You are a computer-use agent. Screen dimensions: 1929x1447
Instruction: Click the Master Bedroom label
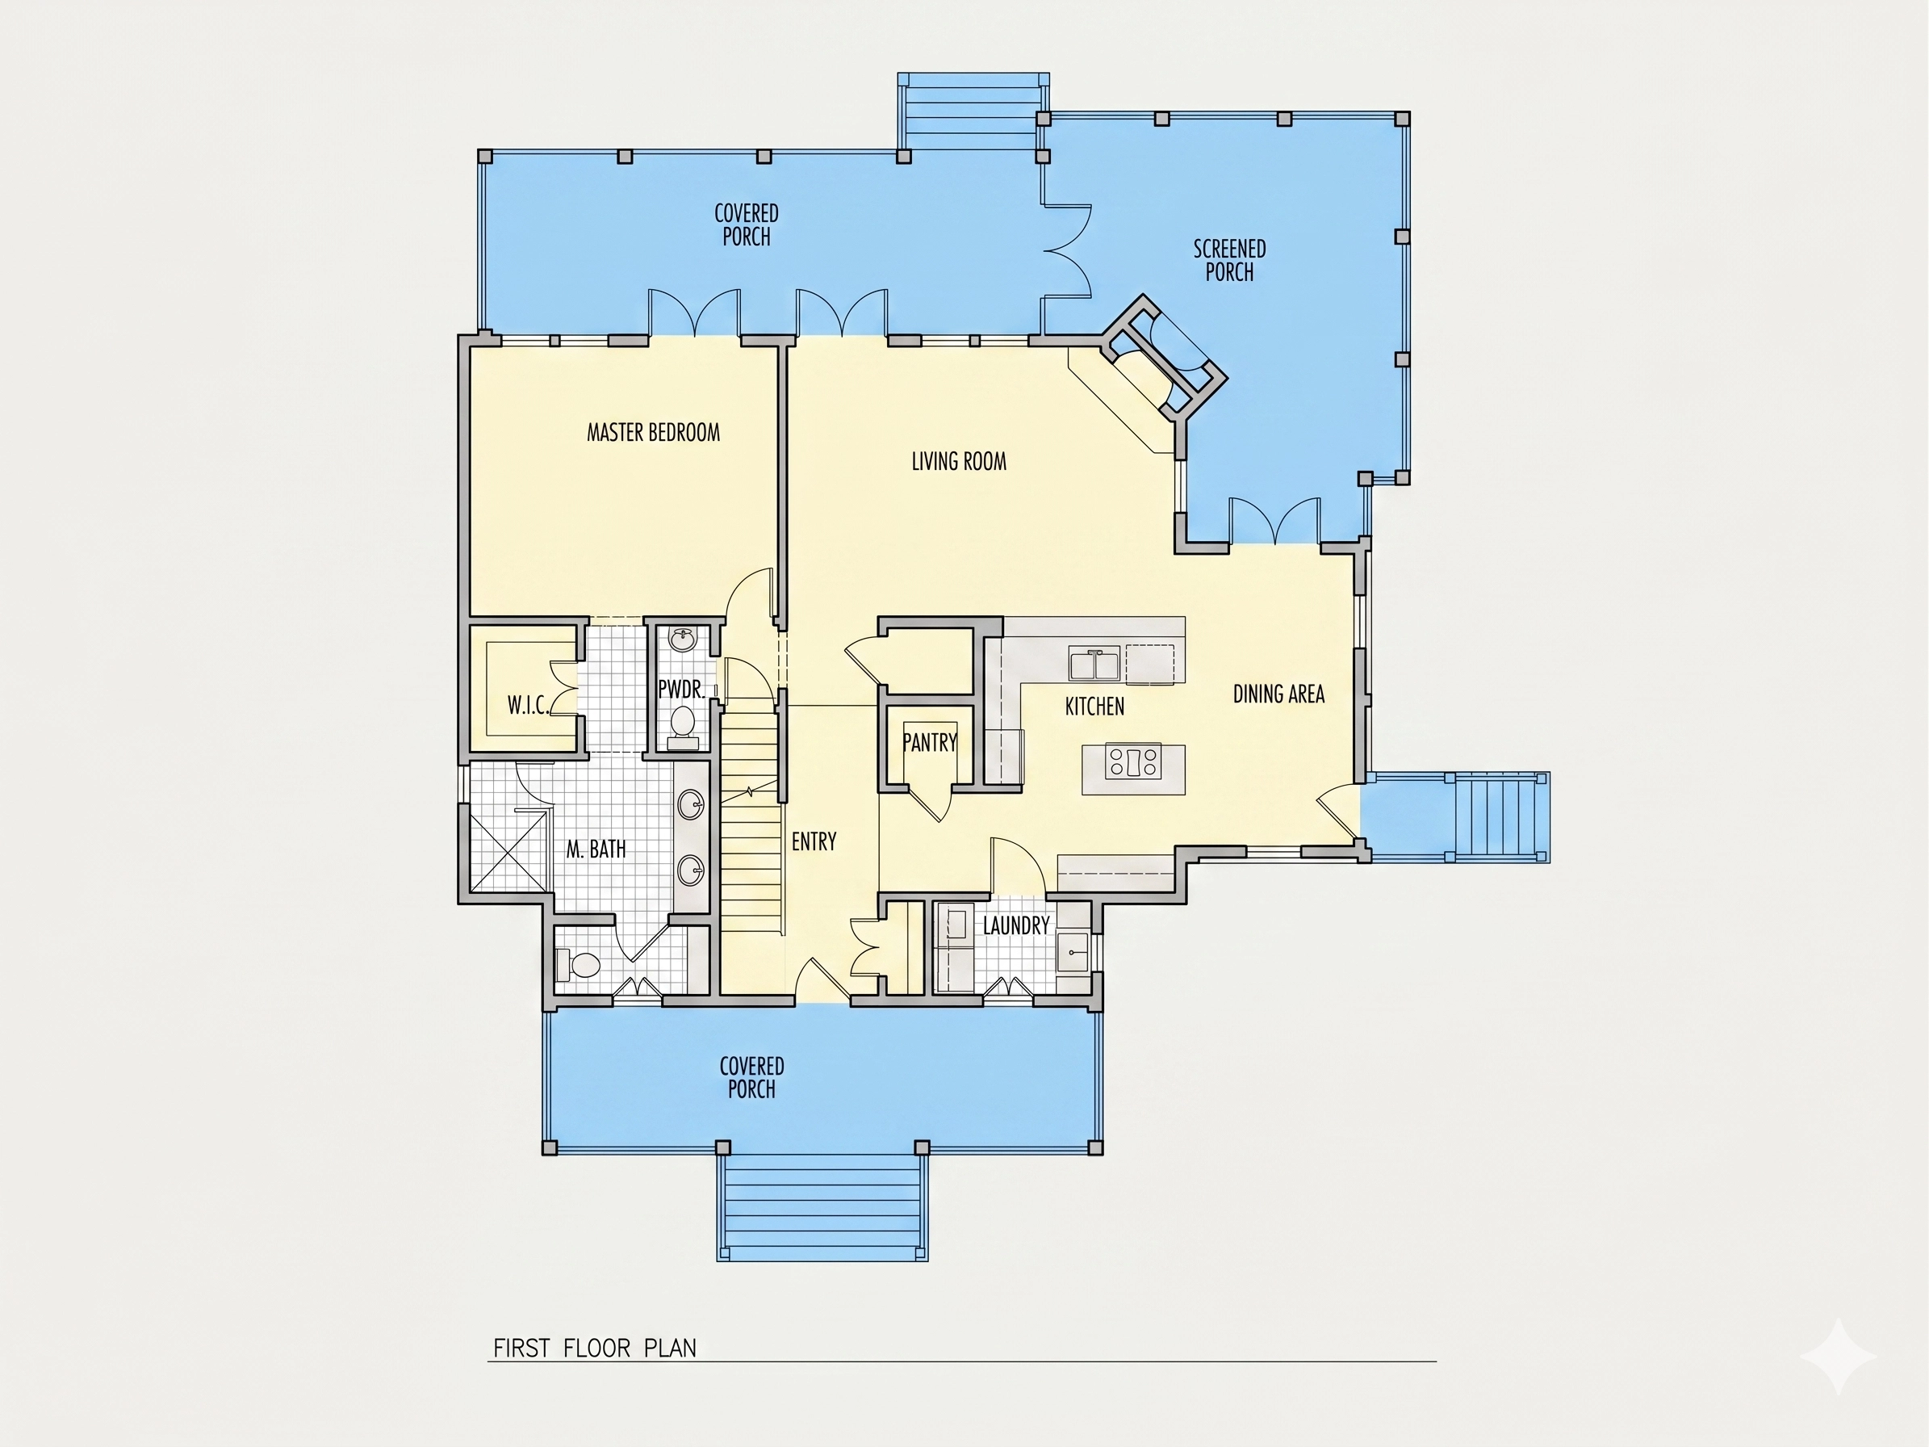coord(653,433)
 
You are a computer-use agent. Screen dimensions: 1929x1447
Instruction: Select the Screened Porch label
coord(1229,261)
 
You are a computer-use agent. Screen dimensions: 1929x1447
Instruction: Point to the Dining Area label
coord(1278,694)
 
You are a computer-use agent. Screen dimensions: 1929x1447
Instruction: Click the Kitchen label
coord(1094,707)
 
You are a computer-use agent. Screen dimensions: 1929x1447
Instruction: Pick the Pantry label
coord(930,742)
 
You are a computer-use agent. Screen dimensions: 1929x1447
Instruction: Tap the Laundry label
coord(1016,925)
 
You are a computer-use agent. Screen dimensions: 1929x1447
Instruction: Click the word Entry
coord(814,841)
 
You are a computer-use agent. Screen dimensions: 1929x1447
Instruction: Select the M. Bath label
coord(596,849)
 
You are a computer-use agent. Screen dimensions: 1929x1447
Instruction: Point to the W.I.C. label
coord(529,705)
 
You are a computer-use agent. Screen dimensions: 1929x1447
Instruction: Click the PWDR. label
coord(681,690)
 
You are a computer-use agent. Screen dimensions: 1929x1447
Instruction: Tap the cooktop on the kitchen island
coord(1134,761)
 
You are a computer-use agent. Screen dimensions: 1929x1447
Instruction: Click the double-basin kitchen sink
coord(1095,665)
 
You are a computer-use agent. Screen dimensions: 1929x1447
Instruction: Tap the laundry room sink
coord(1073,951)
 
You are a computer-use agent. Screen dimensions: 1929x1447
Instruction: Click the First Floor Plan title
coord(595,1348)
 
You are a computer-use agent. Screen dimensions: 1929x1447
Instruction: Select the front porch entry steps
coord(822,1207)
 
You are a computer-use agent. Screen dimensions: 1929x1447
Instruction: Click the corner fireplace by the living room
coord(1163,359)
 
